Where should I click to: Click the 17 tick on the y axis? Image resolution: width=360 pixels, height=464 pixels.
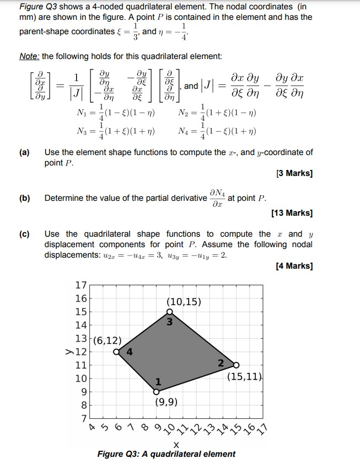pos(80,285)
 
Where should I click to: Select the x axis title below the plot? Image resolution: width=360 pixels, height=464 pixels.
pos(176,445)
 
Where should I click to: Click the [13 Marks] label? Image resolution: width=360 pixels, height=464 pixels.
pos(292,213)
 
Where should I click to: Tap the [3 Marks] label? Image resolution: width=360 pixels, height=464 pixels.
pos(294,174)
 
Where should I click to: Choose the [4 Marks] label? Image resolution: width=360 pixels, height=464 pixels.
pos(294,266)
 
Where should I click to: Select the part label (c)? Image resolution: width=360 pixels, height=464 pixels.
pos(24,234)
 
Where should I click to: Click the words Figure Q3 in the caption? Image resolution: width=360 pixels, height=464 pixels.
pos(115,454)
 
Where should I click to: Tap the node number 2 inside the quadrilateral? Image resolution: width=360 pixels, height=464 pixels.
pos(221,362)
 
